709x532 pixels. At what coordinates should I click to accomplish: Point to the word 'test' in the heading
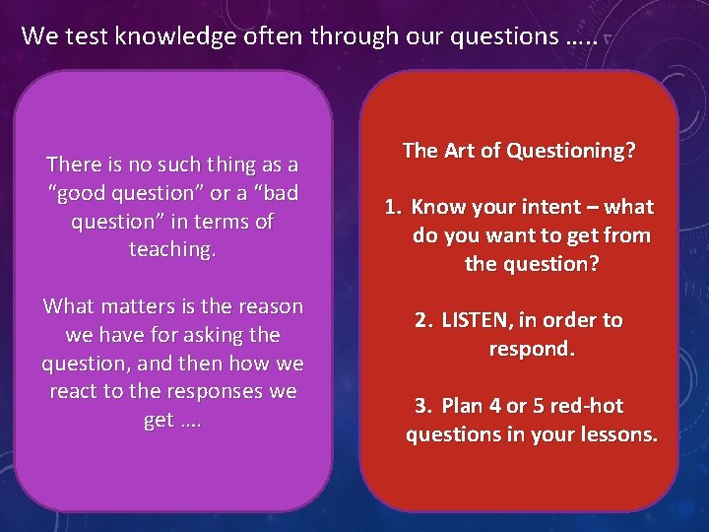click(x=84, y=37)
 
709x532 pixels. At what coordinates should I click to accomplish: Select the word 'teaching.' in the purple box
click(x=172, y=250)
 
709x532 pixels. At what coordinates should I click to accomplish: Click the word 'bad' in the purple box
click(x=278, y=193)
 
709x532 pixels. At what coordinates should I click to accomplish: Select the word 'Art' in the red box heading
click(x=458, y=151)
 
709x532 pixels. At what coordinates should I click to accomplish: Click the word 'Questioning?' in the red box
click(x=571, y=151)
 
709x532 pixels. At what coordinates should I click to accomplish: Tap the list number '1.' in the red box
click(x=393, y=207)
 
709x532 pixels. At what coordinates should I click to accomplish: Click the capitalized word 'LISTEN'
click(x=475, y=320)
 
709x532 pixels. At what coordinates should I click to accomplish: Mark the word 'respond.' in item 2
click(x=532, y=349)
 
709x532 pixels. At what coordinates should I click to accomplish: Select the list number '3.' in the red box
click(x=423, y=406)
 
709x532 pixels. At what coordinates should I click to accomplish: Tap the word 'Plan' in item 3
click(x=462, y=406)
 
